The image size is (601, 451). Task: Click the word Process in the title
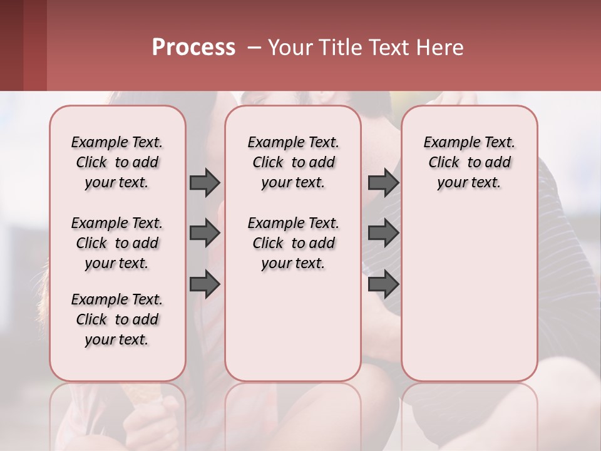click(193, 48)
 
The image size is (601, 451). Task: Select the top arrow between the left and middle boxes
click(205, 182)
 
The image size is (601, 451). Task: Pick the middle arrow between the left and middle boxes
click(205, 233)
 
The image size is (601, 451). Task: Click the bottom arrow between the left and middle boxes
click(205, 284)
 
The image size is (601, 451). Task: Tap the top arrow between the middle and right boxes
click(383, 182)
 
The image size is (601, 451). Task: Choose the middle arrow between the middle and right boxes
click(383, 233)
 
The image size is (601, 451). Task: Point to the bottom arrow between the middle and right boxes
click(383, 284)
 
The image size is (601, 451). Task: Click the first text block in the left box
click(117, 162)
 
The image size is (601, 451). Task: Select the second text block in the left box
click(117, 243)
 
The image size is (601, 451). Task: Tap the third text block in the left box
click(117, 319)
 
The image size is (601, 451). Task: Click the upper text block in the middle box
click(293, 162)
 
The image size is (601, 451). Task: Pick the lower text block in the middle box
click(293, 243)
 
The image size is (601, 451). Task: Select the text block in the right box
click(469, 162)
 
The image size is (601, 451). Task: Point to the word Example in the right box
click(447, 143)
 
